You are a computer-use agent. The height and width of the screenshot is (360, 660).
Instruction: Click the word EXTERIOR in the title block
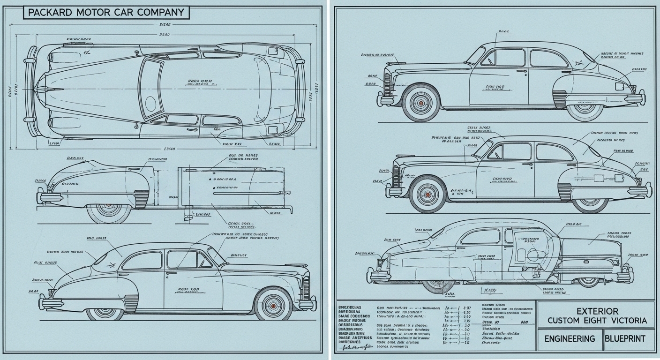click(597, 311)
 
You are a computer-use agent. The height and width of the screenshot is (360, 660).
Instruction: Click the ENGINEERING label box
click(570, 338)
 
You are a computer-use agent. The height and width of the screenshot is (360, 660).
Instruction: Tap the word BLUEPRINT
click(625, 338)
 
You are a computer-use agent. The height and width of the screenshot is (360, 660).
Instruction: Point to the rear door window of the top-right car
click(548, 59)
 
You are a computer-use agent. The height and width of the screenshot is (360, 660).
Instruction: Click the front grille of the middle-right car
click(396, 177)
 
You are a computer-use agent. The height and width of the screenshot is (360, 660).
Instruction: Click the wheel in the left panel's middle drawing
click(109, 209)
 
